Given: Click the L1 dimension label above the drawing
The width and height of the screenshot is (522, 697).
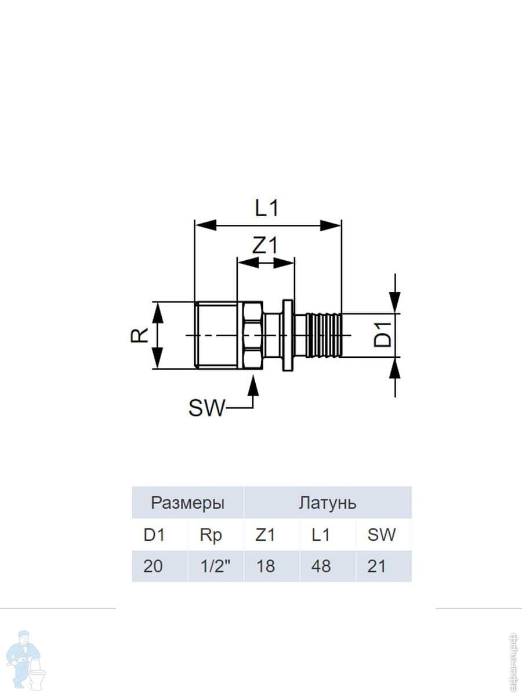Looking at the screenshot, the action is click(x=267, y=209).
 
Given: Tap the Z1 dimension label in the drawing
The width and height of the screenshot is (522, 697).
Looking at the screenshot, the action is click(x=265, y=246).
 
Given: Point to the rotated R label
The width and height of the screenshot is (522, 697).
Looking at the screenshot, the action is click(x=139, y=335).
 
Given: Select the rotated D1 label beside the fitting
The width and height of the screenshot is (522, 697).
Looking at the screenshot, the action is click(x=382, y=335).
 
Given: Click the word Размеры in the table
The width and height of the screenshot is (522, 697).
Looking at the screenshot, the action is click(x=187, y=504).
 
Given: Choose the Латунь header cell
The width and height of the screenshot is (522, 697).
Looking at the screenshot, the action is click(x=327, y=504).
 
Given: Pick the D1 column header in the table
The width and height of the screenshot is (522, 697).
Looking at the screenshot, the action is click(x=154, y=535).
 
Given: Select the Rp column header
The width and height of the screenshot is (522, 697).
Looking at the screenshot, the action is click(x=211, y=536).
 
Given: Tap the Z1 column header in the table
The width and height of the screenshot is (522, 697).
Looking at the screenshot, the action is click(x=265, y=535).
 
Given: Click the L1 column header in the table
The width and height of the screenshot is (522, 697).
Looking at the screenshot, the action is click(x=321, y=535).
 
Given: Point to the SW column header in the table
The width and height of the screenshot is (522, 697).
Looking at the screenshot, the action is click(x=381, y=535).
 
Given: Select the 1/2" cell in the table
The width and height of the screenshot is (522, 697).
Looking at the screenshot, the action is click(x=216, y=566).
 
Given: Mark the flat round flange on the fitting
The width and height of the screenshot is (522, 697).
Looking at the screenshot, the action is click(x=288, y=335).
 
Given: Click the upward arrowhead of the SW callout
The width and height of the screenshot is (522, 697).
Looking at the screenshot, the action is click(x=253, y=386).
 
